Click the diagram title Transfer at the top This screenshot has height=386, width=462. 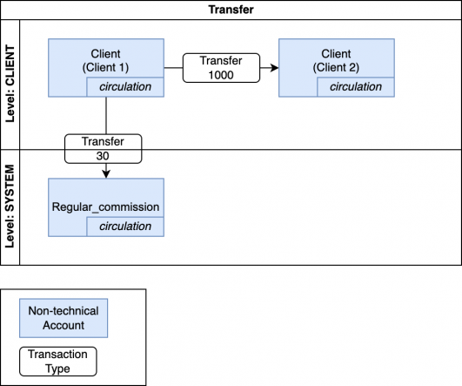[231, 10]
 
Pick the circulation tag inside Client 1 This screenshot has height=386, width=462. [124, 87]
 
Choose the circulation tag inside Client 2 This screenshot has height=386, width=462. [355, 87]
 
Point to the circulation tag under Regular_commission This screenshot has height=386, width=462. [124, 227]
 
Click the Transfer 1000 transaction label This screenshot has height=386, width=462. [222, 68]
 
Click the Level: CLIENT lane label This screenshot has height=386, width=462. [11, 83]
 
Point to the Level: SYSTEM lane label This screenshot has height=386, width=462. [11, 206]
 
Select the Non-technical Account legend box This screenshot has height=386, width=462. [63, 318]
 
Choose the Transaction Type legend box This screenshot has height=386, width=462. [57, 361]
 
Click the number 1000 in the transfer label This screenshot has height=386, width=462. [222, 76]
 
